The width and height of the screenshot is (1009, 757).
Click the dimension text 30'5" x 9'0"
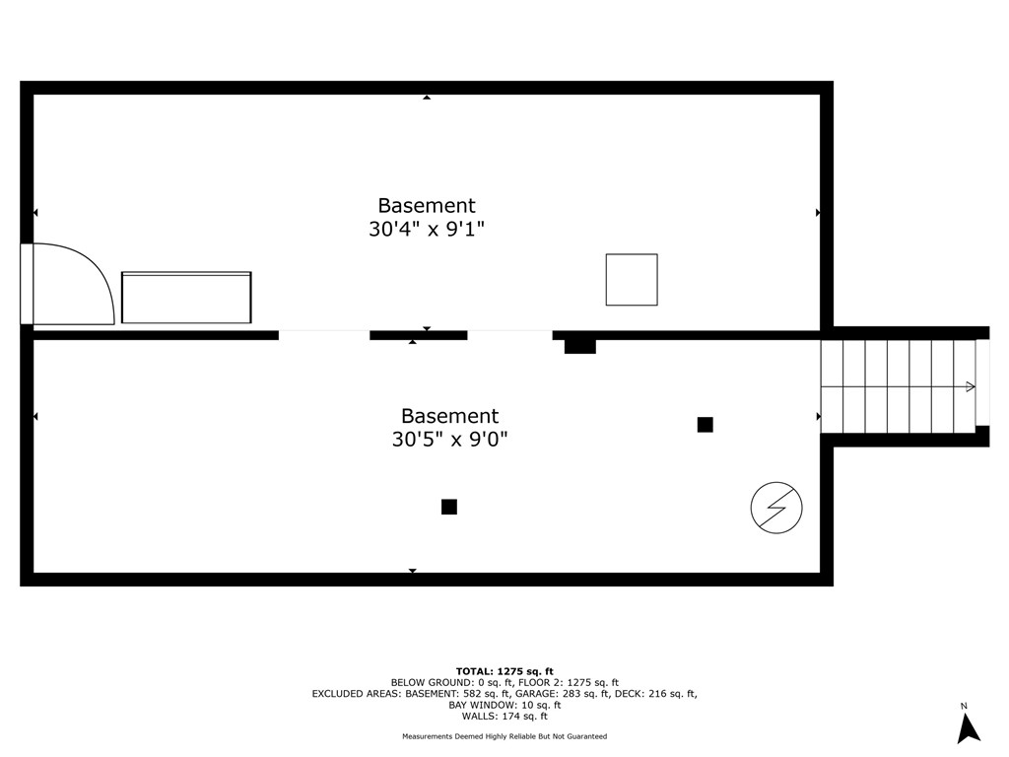click(x=449, y=440)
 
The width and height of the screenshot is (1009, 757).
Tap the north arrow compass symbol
click(x=968, y=727)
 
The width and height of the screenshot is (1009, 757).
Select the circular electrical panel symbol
click(x=776, y=509)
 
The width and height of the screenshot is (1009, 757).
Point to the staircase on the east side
click(x=898, y=386)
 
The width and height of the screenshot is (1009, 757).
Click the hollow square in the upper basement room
click(x=632, y=280)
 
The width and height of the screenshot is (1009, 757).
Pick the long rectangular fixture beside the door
click(x=186, y=298)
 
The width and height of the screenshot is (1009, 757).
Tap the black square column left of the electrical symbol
click(x=705, y=425)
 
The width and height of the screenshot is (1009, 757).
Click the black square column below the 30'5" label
click(x=449, y=507)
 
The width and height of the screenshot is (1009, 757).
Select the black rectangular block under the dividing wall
click(x=580, y=346)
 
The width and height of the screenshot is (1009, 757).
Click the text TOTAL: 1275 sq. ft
click(x=504, y=671)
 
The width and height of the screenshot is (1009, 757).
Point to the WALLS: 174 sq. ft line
click(x=504, y=716)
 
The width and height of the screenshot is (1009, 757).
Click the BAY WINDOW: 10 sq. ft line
click(x=504, y=705)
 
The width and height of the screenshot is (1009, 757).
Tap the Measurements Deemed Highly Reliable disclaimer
click(x=504, y=736)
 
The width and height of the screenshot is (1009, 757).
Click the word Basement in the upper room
click(x=427, y=206)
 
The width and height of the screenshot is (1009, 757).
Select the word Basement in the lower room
click(x=449, y=416)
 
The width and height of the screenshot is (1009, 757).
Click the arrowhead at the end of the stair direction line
click(x=971, y=386)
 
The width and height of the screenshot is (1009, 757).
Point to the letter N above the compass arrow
click(x=964, y=706)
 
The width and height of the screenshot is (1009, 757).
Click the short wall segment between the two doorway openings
click(x=418, y=335)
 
